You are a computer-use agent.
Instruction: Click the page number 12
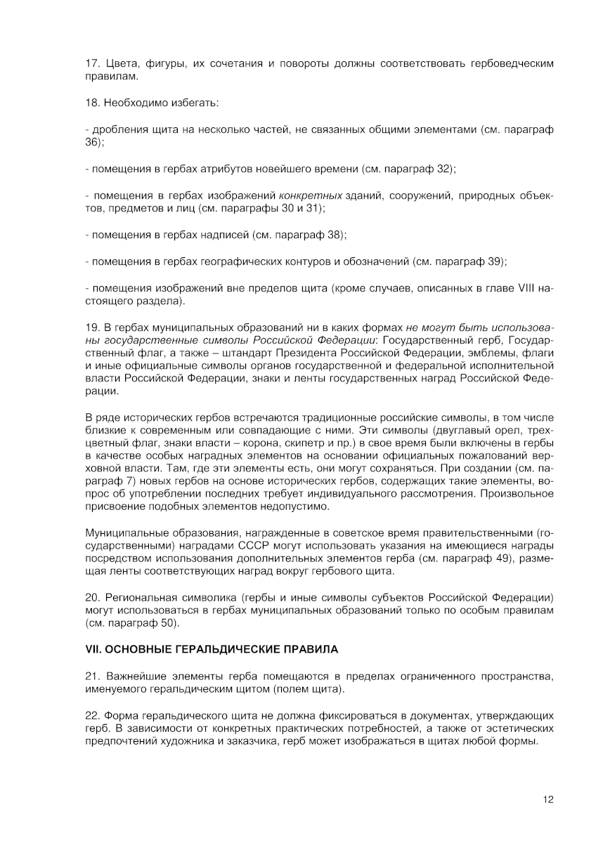click(x=548, y=799)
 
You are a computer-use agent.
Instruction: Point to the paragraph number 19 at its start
click(x=91, y=327)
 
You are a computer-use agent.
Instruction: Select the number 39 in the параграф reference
click(x=495, y=261)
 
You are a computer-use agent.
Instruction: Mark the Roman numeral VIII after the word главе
click(x=527, y=288)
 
